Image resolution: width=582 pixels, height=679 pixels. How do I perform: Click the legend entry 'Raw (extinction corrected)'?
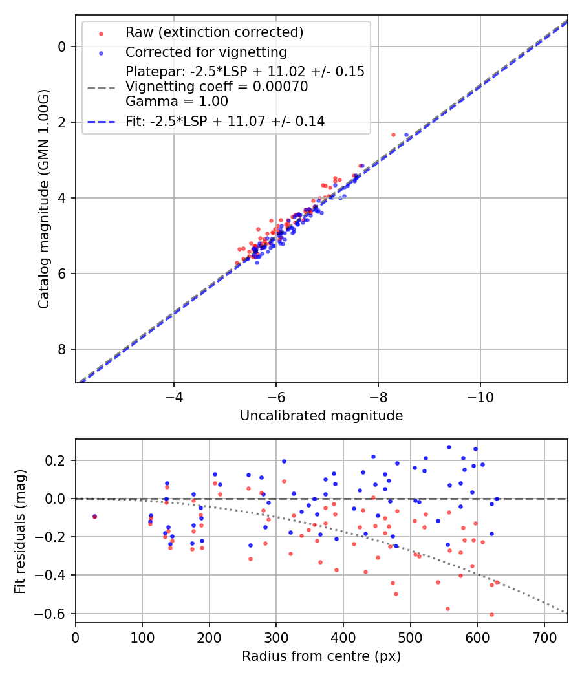coord(214,32)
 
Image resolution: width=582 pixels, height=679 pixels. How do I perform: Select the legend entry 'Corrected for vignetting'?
coord(206,52)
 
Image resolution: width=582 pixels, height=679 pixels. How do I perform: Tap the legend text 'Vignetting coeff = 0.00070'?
coord(217,87)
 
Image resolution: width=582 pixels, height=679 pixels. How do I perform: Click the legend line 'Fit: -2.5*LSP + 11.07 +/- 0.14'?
coord(225,121)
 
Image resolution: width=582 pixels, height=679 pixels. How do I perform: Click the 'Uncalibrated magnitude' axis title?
coord(321,416)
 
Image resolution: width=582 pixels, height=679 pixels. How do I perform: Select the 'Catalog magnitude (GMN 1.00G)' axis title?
coord(43,199)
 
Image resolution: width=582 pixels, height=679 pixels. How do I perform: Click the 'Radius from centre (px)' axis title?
coord(321,656)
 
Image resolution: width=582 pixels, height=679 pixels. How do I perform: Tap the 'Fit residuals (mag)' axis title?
coord(20,530)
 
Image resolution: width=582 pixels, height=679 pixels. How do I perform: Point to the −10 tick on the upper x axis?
coord(480,395)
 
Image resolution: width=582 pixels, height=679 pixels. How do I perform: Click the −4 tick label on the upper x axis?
coord(173,395)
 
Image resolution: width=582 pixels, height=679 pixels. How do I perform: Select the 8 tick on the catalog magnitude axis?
coord(62,350)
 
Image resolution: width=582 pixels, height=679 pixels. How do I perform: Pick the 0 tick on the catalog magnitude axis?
coord(62,47)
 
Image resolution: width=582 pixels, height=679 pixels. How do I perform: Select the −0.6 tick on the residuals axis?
coord(54,614)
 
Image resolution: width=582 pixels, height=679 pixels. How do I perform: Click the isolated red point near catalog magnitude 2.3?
coord(393,135)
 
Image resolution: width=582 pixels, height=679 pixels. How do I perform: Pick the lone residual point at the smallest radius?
coord(94,517)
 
